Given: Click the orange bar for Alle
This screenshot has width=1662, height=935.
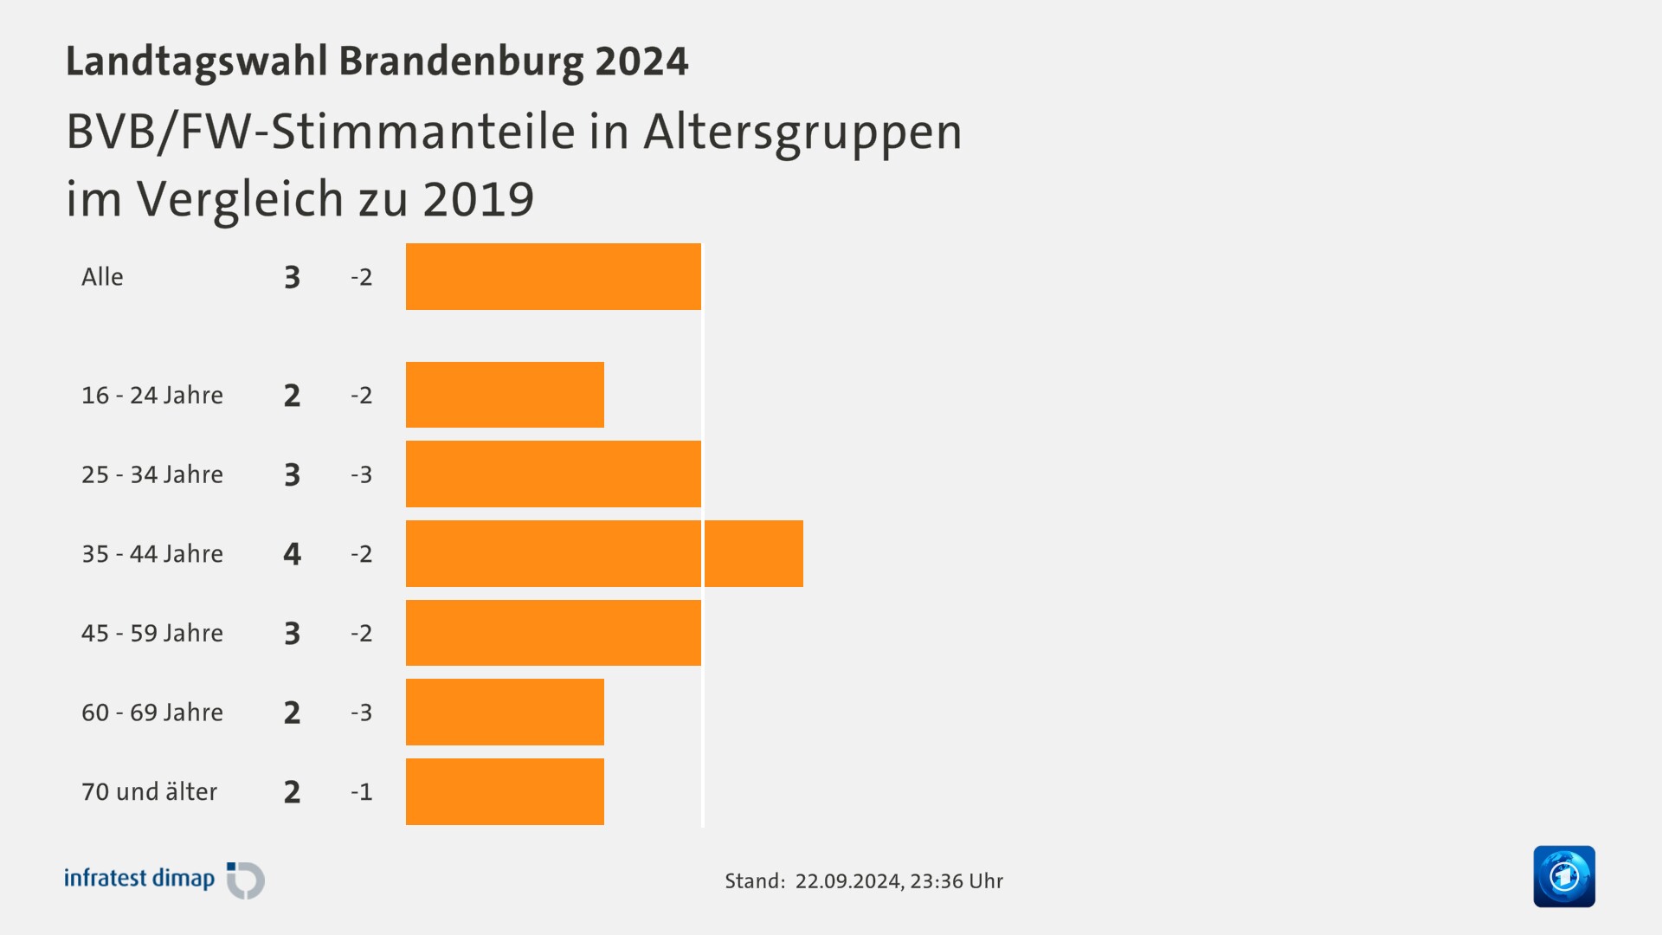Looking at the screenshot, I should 553,276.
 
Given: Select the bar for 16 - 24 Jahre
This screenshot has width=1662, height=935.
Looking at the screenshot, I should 505,395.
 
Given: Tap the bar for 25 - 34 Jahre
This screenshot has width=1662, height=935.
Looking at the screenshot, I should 553,474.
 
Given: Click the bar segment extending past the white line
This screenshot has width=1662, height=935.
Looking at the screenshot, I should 754,553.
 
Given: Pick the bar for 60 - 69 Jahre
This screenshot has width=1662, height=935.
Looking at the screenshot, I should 505,712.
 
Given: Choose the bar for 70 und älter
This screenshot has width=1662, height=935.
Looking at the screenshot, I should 505,791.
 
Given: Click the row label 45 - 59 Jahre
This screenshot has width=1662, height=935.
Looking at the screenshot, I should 152,633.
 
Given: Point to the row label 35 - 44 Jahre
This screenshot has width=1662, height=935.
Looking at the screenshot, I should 152,553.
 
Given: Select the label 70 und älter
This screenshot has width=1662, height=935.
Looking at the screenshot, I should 149,791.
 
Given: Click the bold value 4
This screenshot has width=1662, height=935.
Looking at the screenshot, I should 292,553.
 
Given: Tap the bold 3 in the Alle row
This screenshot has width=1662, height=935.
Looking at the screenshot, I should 292,277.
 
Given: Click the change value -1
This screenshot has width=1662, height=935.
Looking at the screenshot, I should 361,791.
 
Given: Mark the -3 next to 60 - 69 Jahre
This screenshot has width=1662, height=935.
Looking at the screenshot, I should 361,712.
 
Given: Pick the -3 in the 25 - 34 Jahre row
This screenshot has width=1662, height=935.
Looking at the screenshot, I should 361,474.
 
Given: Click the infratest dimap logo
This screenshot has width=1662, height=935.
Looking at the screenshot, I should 164,880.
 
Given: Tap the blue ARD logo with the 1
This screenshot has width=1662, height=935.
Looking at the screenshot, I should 1563,876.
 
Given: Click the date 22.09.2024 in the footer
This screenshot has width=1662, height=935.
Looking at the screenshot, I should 847,881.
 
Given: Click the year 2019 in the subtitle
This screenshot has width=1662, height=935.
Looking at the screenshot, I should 478,199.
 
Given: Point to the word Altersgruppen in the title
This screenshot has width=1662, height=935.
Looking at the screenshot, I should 802,132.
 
